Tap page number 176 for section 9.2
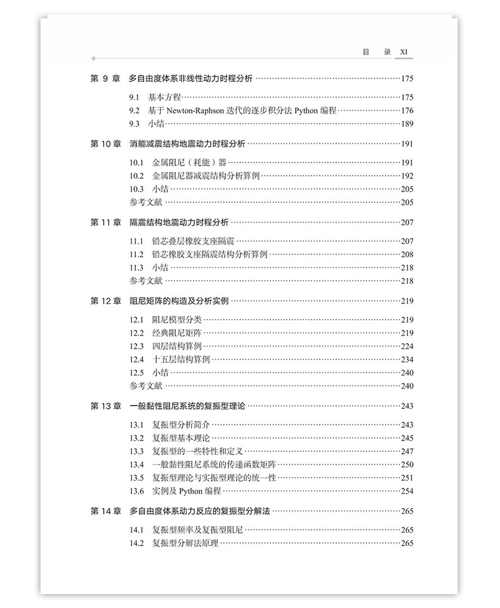[x=406, y=111]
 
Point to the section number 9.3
[x=134, y=124]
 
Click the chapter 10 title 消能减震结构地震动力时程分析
[x=188, y=144]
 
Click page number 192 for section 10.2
[x=406, y=176]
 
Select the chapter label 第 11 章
[x=105, y=222]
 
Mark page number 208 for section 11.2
[x=406, y=255]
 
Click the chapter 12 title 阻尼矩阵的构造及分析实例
[x=179, y=301]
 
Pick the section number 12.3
[x=137, y=346]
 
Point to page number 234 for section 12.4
[x=406, y=360]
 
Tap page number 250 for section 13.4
[x=406, y=465]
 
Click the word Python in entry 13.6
[x=191, y=491]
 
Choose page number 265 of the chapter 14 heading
[x=406, y=511]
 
